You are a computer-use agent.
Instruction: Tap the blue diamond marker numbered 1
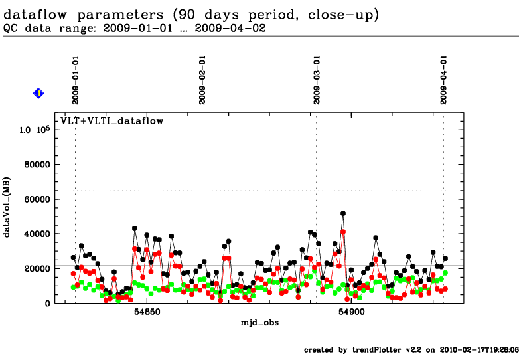tap(38, 94)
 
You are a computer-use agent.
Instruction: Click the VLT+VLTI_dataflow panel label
tap(112, 121)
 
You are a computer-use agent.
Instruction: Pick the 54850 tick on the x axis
tap(147, 312)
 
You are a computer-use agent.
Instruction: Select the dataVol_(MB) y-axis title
tap(8, 215)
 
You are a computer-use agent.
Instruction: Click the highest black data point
tap(343, 213)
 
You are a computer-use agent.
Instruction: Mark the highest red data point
tap(343, 232)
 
